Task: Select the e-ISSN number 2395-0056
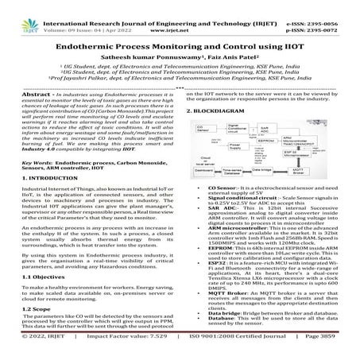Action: pyautogui.click(x=328, y=6)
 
